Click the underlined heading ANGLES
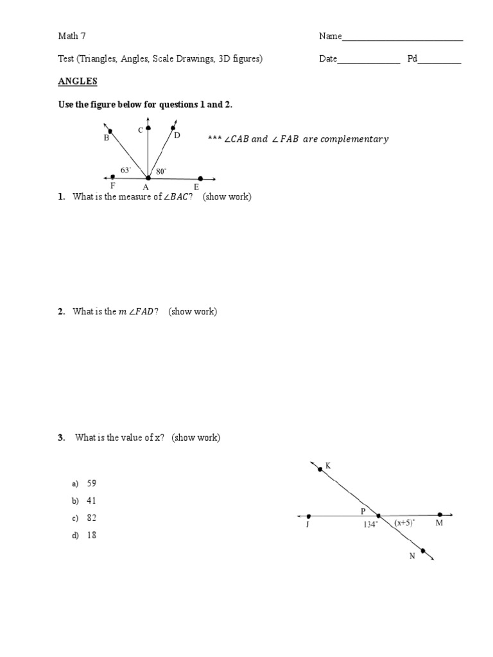77,81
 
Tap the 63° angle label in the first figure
126,171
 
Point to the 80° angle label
161,171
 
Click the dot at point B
110,131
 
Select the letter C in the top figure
141,130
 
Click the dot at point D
173,128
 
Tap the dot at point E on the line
200,178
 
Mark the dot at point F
113,176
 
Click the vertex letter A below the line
146,187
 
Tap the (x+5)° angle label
404,523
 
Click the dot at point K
320,470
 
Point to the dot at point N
422,550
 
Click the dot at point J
309,516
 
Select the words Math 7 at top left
71,37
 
